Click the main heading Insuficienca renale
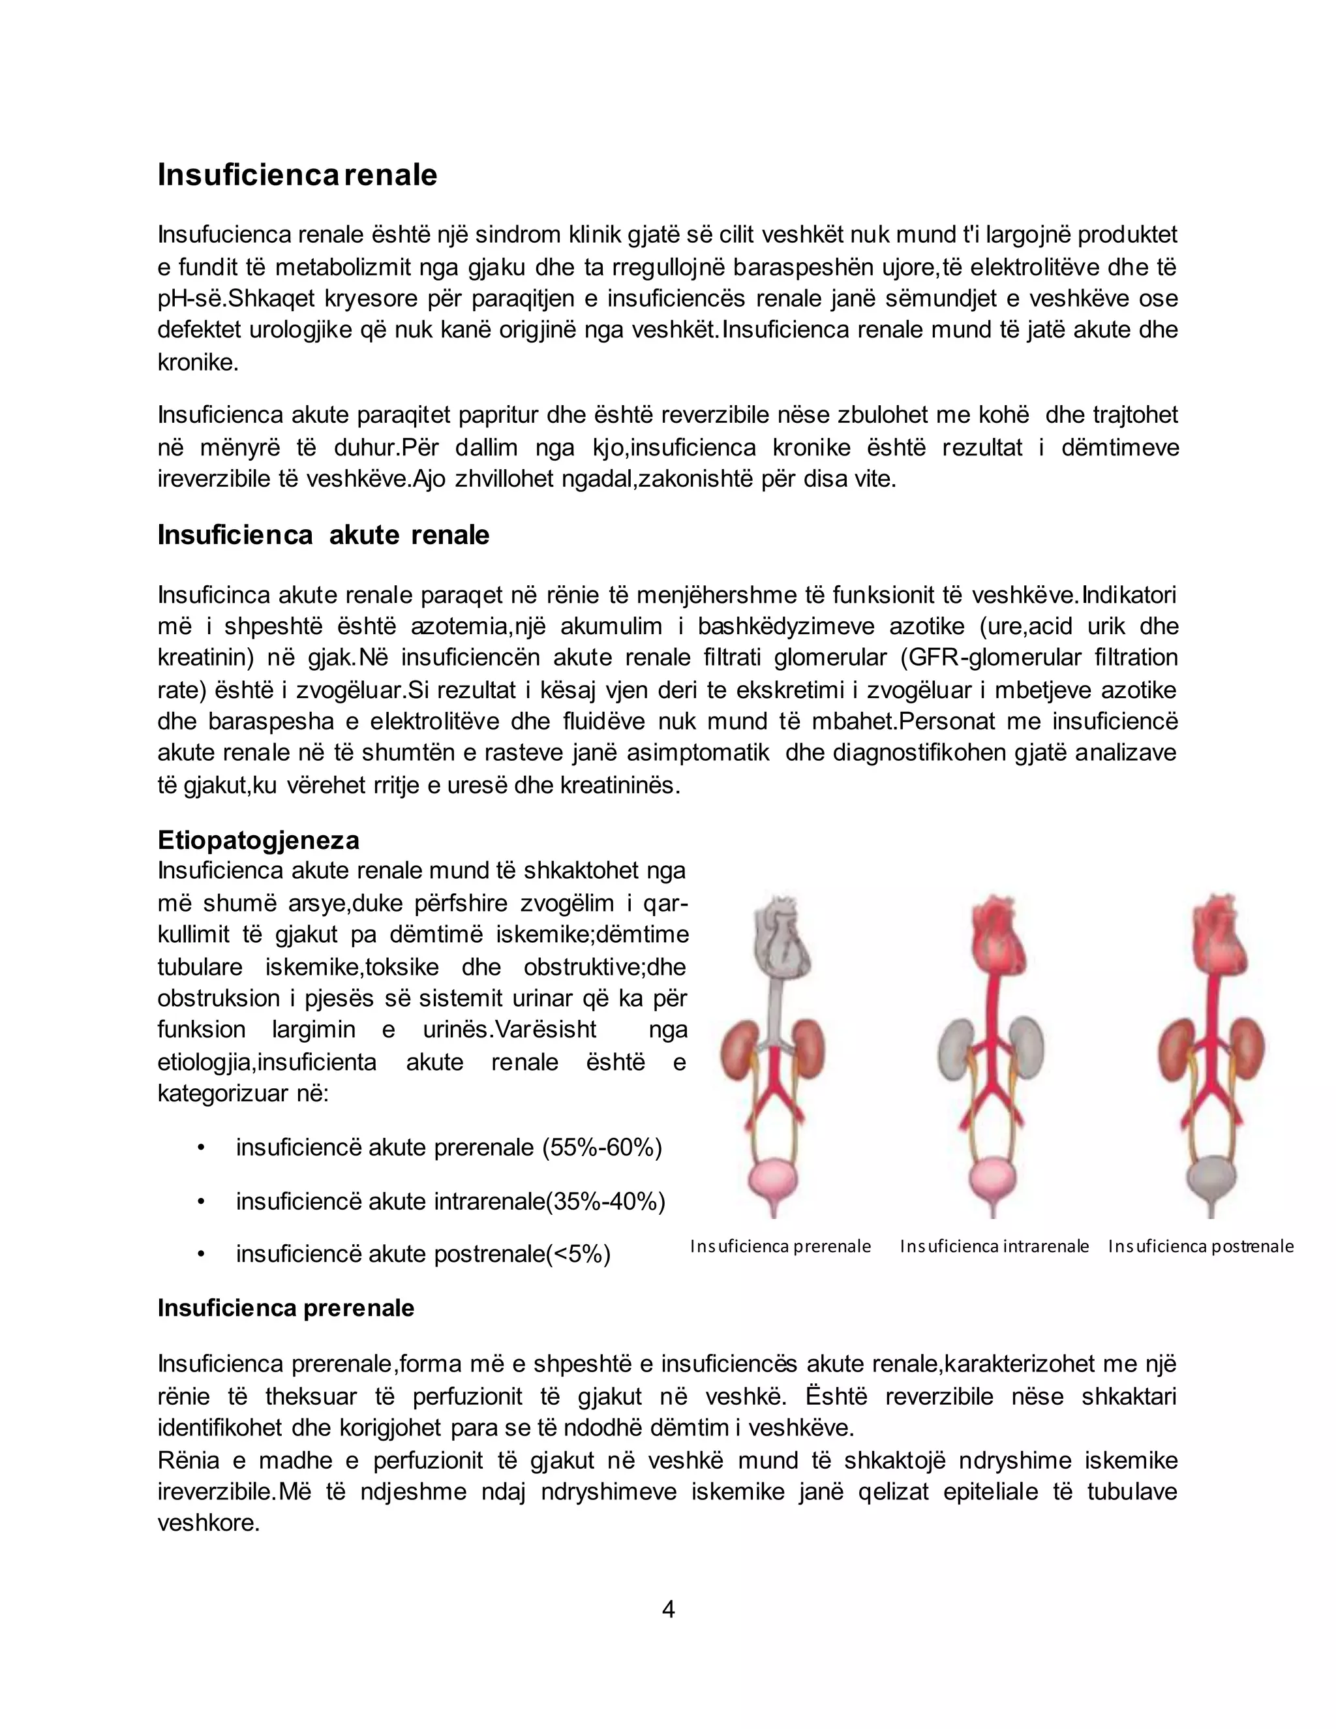[x=297, y=175]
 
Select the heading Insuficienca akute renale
[x=323, y=535]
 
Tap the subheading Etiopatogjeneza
[x=258, y=839]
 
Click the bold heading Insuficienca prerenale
[x=286, y=1308]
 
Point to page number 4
[x=668, y=1610]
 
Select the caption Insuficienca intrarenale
[x=994, y=1246]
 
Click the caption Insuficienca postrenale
[x=1201, y=1246]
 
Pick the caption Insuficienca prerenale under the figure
[x=780, y=1246]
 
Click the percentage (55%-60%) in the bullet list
[x=601, y=1147]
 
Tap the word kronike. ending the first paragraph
[x=198, y=363]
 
